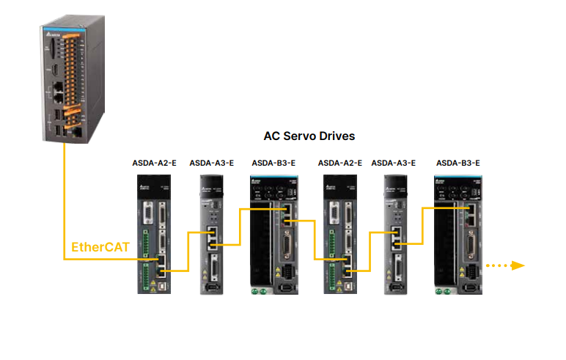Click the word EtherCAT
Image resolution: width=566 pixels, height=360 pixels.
point(100,247)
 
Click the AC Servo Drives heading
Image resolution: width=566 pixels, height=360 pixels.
point(309,136)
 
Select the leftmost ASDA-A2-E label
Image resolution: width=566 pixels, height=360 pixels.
point(153,163)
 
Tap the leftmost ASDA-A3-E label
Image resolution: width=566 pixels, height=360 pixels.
point(211,163)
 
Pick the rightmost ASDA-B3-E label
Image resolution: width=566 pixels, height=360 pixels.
point(457,163)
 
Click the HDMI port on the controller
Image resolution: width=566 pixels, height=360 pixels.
point(54,70)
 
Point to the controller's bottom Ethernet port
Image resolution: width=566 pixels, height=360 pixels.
point(74,133)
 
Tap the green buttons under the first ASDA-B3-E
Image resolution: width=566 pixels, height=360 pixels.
point(258,292)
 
